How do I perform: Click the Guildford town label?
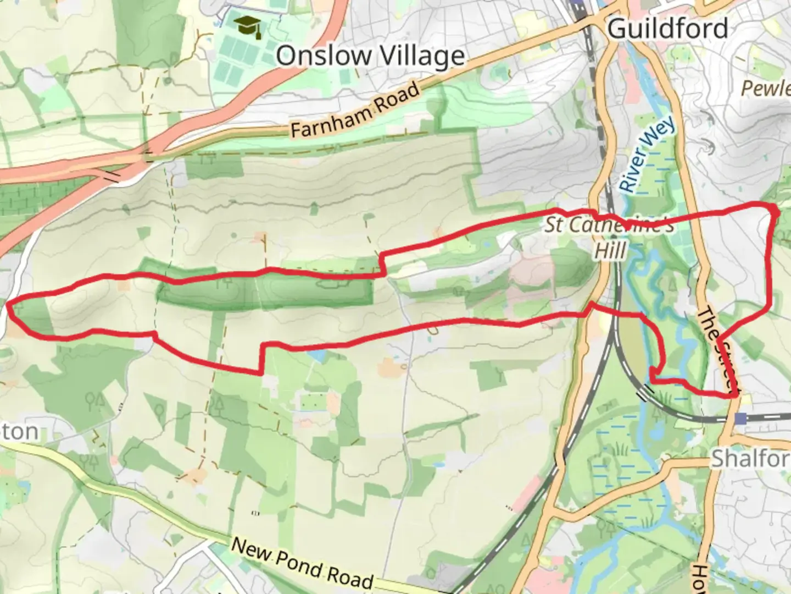point(668,28)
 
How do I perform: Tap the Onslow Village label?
point(370,56)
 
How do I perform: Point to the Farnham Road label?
point(355,111)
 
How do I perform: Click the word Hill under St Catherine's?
point(610,251)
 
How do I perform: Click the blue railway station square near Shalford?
point(742,419)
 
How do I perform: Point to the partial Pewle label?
point(766,88)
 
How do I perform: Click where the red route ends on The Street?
point(734,394)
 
